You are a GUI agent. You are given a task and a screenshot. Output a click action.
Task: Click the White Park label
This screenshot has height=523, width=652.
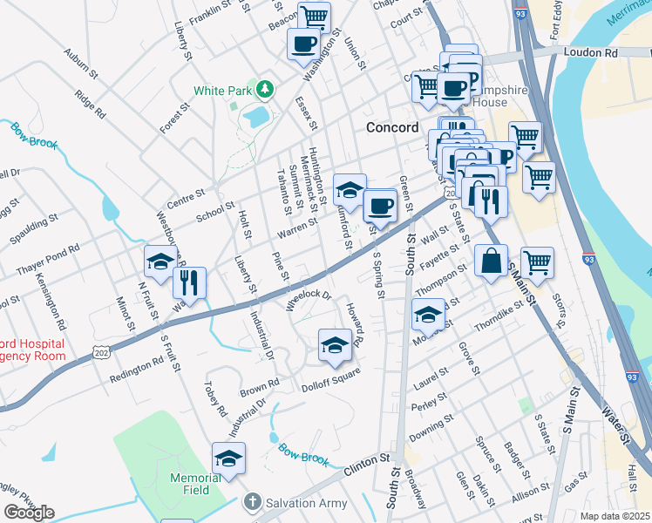pyautogui.click(x=222, y=90)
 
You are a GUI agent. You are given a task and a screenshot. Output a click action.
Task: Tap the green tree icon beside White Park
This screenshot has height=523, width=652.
pyautogui.click(x=264, y=90)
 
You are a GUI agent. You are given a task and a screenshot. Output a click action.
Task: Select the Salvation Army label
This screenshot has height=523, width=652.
pyautogui.click(x=307, y=503)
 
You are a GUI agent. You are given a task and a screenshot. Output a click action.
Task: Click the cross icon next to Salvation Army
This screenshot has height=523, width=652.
pyautogui.click(x=252, y=502)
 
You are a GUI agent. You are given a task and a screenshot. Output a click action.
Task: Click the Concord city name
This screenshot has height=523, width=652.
pyautogui.click(x=392, y=127)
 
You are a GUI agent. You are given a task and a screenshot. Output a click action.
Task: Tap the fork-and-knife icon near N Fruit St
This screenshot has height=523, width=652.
pyautogui.click(x=189, y=282)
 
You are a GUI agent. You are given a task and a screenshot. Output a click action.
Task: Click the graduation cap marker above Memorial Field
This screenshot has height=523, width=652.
pyautogui.click(x=228, y=458)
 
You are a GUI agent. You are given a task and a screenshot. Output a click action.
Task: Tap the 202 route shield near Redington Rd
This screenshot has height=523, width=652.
pyautogui.click(x=102, y=349)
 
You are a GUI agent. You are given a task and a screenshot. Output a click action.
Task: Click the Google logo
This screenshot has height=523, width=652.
pyautogui.click(x=28, y=513)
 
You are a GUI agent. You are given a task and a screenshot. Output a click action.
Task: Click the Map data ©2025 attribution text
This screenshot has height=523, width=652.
pyautogui.click(x=614, y=516)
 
